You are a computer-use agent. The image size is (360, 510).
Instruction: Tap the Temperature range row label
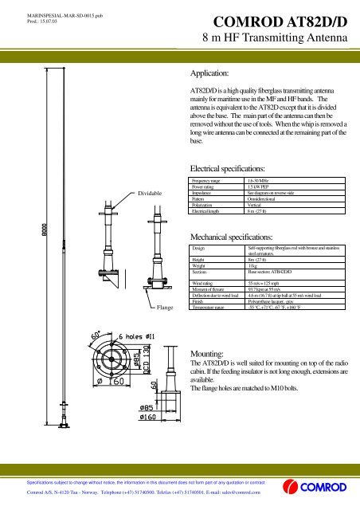[x=210, y=307]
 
